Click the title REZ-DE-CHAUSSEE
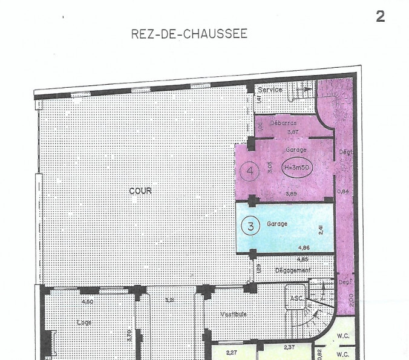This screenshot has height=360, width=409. (x=189, y=34)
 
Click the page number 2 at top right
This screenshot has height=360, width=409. (x=380, y=16)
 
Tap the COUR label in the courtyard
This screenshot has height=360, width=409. (x=140, y=191)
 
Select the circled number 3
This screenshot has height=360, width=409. (x=250, y=226)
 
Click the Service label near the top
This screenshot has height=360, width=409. (x=270, y=90)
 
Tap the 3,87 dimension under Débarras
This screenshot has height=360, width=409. (x=293, y=131)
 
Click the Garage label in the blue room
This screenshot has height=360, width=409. (x=277, y=223)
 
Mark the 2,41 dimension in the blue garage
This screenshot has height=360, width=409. (x=322, y=230)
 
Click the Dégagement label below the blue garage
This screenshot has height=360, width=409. (x=293, y=270)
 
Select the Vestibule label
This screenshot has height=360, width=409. (x=233, y=314)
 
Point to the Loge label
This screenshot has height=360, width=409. (x=84, y=322)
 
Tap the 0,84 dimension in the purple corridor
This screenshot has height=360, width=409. (x=343, y=192)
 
